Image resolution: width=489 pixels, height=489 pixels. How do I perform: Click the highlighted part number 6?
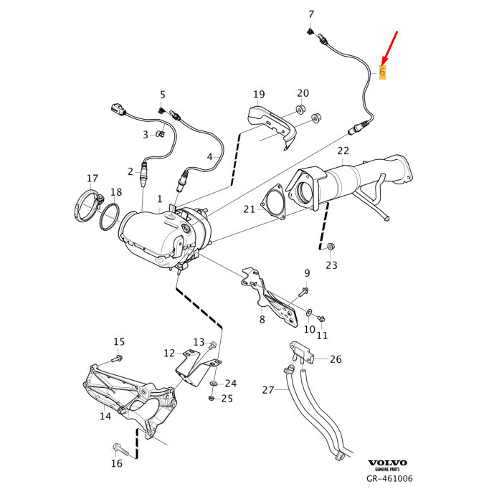(382, 72)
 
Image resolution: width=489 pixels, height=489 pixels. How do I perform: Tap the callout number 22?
(343, 151)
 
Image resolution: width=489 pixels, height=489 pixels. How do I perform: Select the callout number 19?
(259, 95)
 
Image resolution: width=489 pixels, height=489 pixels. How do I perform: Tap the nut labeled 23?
(330, 247)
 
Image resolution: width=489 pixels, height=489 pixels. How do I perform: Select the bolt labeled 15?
(118, 357)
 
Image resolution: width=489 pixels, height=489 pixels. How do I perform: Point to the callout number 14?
(105, 416)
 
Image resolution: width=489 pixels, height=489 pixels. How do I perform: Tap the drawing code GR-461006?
(389, 478)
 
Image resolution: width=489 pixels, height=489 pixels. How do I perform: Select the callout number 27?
(268, 390)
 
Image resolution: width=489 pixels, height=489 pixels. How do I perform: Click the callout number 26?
(336, 359)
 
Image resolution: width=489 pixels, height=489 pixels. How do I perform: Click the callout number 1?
(160, 198)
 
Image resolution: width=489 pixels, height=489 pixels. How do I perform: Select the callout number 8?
(262, 320)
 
